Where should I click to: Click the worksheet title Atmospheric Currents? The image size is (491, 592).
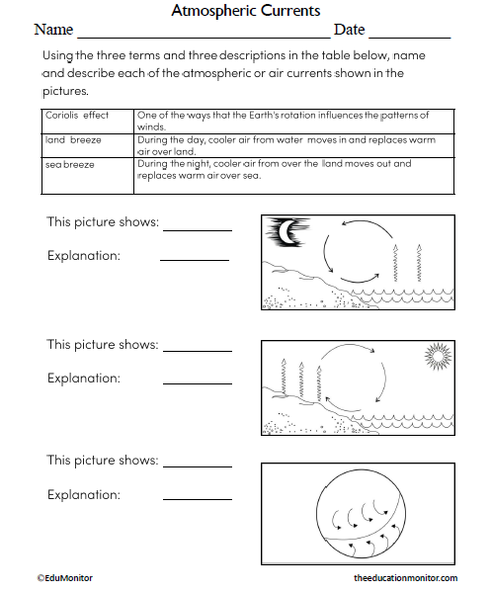pos(245,11)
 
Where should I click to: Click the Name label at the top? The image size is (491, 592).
pos(55,31)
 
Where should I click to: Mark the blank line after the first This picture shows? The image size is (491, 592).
pos(197,229)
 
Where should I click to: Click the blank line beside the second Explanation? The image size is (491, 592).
pos(197,383)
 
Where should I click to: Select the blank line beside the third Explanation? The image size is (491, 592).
pos(197,500)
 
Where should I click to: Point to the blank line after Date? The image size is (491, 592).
pos(409,37)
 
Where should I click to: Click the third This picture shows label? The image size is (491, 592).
pos(102,461)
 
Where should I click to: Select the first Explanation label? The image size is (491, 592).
pos(83,256)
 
